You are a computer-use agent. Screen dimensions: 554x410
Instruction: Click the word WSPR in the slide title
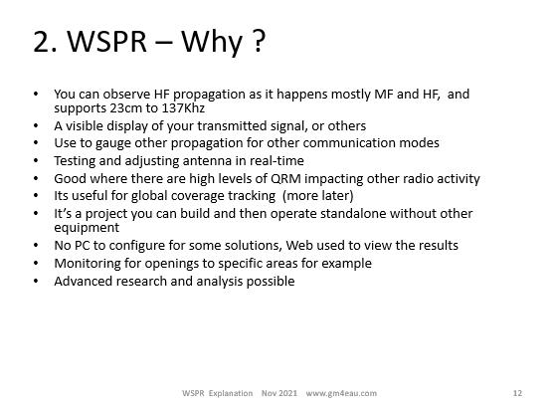point(107,42)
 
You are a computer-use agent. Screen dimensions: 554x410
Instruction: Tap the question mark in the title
point(260,42)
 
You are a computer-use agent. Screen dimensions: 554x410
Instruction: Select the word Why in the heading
point(211,43)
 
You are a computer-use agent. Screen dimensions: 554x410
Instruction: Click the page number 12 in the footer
point(517,393)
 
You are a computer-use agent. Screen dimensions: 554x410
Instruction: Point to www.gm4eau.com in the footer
point(341,393)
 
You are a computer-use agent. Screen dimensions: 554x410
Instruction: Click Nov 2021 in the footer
point(279,393)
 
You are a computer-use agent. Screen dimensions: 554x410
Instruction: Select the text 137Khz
point(183,107)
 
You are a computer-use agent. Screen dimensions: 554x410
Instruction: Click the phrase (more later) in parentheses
point(317,195)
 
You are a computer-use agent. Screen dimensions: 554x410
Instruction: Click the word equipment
point(87,228)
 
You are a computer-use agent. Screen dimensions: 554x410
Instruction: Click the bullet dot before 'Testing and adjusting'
point(36,160)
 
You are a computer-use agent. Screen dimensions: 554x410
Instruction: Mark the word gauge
point(113,144)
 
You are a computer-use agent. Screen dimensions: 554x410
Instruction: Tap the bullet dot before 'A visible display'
point(36,125)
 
